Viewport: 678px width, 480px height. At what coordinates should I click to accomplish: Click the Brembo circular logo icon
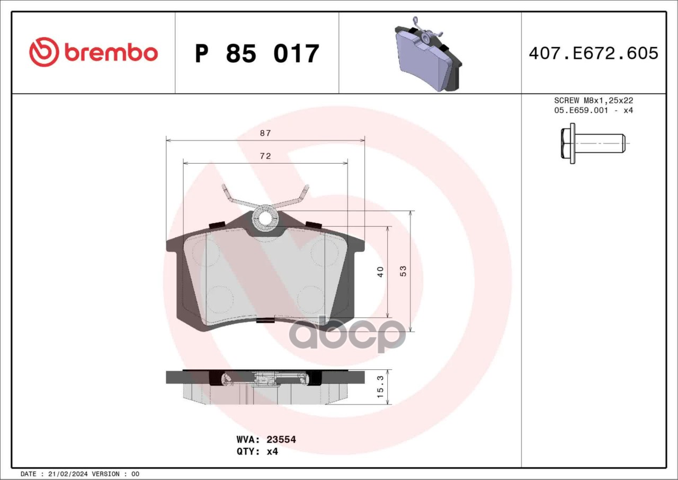[x=44, y=52]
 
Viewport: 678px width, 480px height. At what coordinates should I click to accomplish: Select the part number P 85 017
[x=257, y=54]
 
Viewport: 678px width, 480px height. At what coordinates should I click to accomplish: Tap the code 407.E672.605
[x=594, y=53]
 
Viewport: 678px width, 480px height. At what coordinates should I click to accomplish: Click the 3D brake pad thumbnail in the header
[x=428, y=54]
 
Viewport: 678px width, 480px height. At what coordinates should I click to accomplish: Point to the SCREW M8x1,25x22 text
[x=594, y=100]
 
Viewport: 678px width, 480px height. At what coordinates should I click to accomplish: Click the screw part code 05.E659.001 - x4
[x=594, y=110]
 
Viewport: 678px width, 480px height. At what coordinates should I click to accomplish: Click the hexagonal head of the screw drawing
[x=565, y=143]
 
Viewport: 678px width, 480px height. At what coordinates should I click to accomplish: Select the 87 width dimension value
[x=265, y=133]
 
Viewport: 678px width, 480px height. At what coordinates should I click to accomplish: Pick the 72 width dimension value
[x=265, y=156]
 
